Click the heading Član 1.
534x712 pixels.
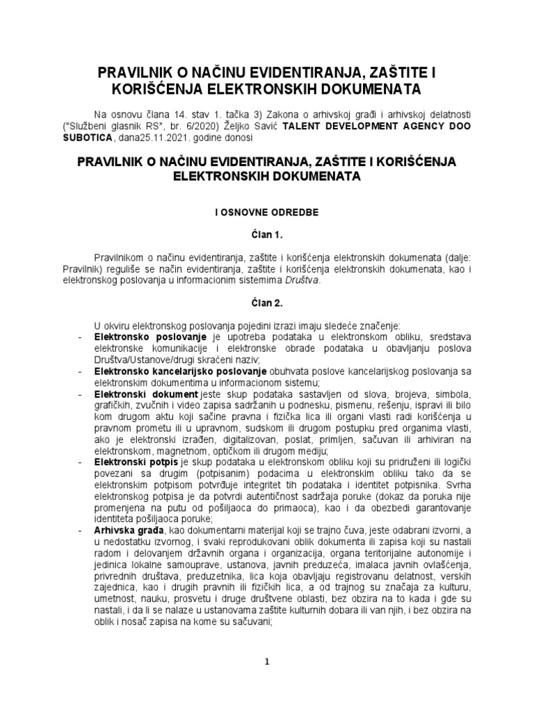(267, 236)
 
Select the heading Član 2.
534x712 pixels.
(267, 304)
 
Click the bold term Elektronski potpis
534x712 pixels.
(135, 461)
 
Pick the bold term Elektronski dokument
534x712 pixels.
(140, 394)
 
